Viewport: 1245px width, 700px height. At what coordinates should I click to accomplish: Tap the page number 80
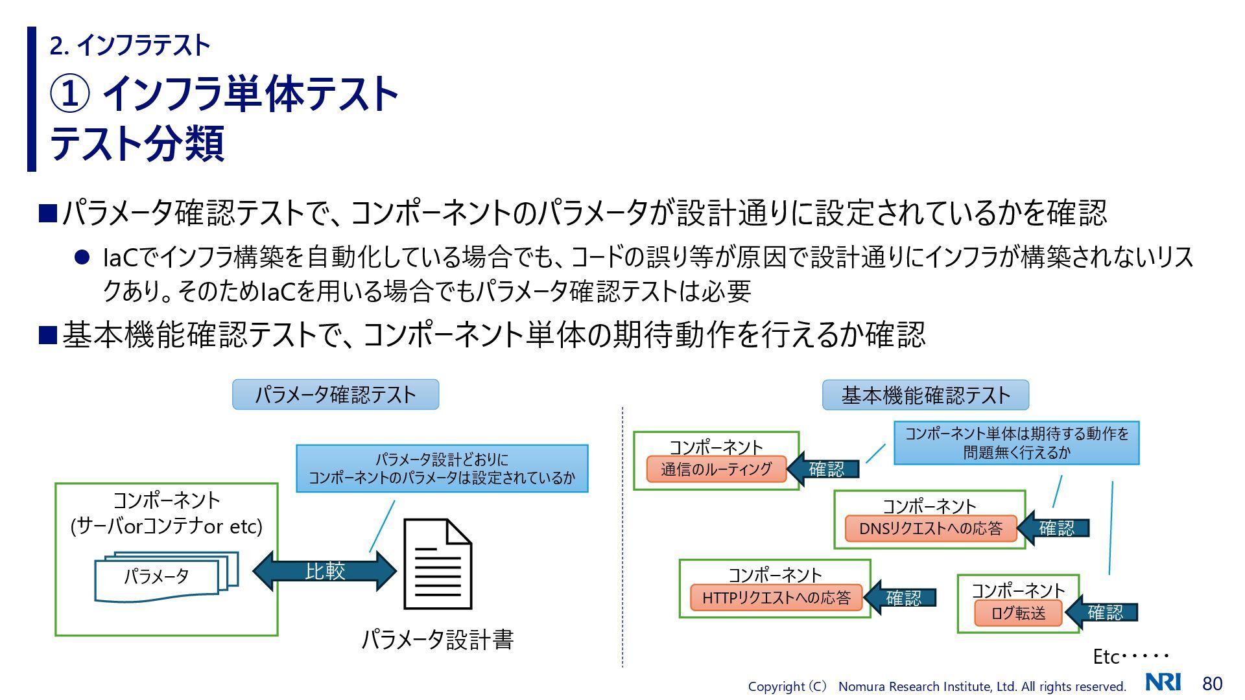point(1212,684)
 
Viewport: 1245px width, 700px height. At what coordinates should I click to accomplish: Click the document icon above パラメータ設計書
point(438,564)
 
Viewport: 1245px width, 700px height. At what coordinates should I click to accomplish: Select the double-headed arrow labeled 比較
point(324,570)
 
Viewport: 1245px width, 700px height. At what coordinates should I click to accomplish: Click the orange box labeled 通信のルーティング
point(716,469)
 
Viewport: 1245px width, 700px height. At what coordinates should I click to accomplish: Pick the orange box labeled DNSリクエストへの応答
point(930,528)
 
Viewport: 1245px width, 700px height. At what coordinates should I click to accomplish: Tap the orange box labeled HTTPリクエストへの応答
point(776,598)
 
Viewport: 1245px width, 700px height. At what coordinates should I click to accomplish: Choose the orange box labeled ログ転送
point(1018,613)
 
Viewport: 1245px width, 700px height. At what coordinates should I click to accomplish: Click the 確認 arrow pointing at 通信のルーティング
point(824,469)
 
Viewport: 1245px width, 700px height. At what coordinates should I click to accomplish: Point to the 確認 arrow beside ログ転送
point(1102,612)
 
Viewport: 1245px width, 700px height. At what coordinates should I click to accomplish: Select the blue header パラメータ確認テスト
point(335,395)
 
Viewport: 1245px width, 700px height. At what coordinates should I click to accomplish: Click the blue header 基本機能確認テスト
point(925,395)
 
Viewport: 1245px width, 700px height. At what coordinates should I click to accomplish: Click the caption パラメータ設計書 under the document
point(437,640)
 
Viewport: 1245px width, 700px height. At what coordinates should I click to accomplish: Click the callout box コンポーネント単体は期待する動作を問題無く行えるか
point(1016,443)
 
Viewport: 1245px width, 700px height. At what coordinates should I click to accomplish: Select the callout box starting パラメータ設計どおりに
point(442,469)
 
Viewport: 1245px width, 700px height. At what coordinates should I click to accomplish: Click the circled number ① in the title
point(69,94)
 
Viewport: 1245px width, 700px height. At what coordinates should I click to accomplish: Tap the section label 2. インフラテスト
point(130,45)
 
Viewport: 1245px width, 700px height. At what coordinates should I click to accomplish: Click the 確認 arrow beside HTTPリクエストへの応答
point(901,598)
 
